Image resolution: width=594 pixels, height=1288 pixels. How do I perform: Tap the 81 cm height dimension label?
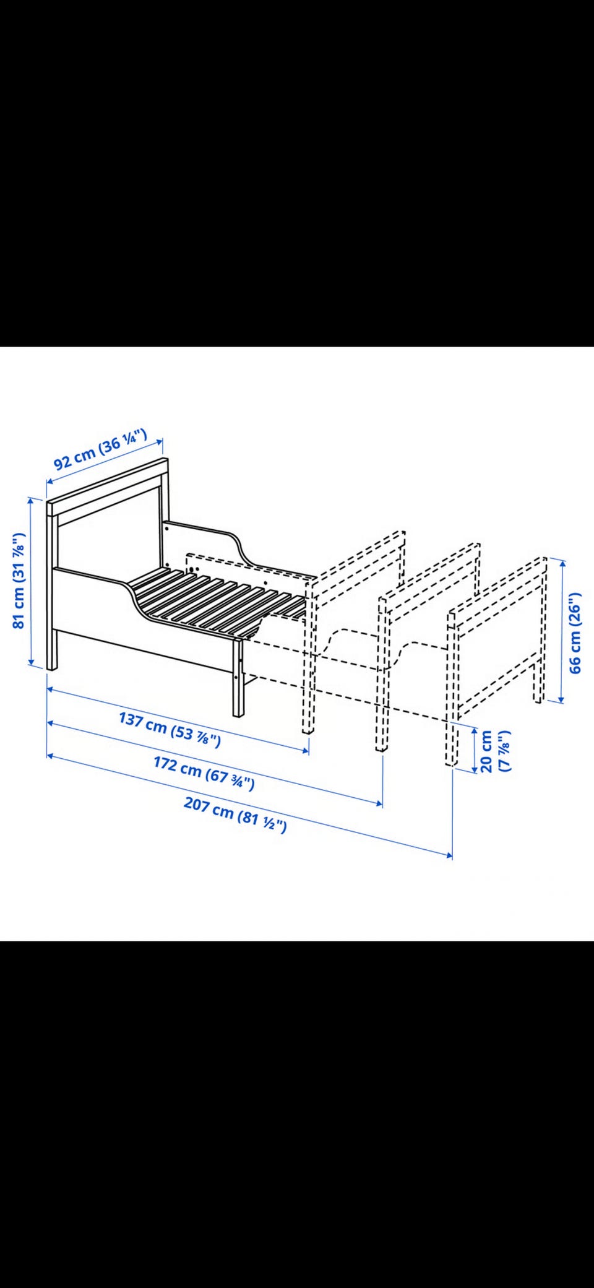click(x=20, y=580)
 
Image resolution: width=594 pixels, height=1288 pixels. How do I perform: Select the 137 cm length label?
click(x=170, y=730)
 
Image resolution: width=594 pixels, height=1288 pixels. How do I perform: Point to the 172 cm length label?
click(x=204, y=773)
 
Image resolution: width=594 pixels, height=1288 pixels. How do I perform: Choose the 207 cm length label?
click(x=235, y=815)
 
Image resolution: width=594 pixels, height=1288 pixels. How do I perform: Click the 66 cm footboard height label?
click(x=575, y=633)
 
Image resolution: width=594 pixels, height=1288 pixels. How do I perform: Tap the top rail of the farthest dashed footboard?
click(x=498, y=586)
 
